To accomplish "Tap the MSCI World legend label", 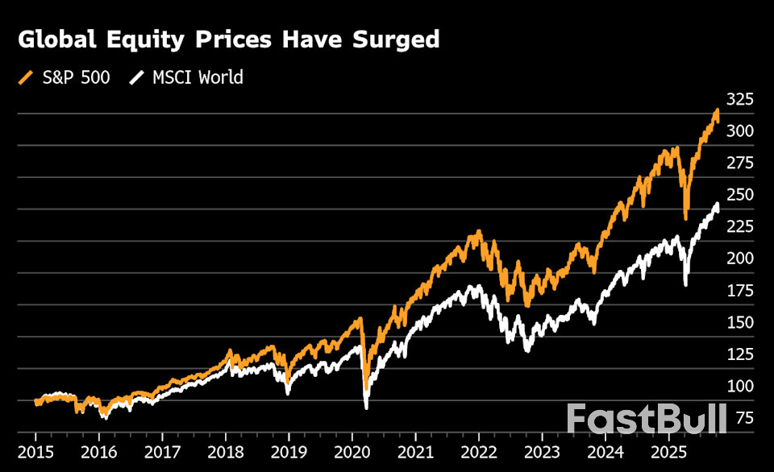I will coord(198,77).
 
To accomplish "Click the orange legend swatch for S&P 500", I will coord(26,77).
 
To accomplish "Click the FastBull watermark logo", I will coord(645,419).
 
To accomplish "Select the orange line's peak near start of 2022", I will coord(478,234).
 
